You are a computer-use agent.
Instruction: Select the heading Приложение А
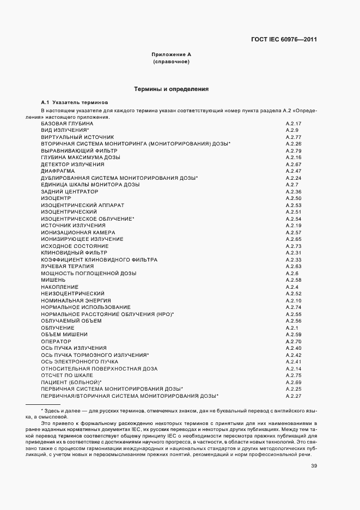(171, 56)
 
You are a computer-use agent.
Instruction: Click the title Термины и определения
(171, 88)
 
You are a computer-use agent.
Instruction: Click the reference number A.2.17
(294, 124)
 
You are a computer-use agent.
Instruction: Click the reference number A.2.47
(294, 171)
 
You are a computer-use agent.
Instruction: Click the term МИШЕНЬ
(53, 280)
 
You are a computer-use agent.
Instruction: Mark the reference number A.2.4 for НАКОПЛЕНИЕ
(292, 287)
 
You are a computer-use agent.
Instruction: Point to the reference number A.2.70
(294, 341)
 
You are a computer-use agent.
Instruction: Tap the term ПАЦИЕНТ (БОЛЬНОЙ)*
(71, 382)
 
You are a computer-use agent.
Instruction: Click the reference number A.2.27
(294, 396)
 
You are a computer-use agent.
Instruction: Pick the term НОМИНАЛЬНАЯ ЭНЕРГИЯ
(76, 300)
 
